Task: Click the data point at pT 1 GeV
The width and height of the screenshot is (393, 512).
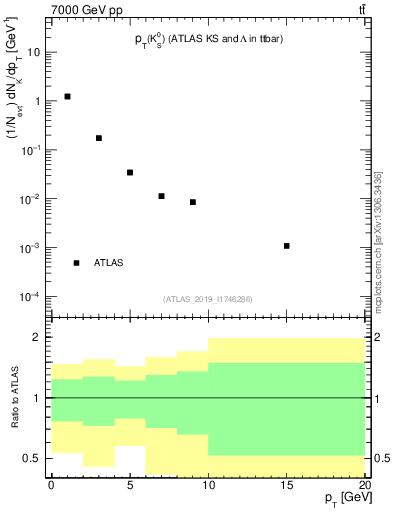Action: click(x=67, y=97)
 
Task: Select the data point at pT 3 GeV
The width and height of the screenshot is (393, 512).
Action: click(x=99, y=138)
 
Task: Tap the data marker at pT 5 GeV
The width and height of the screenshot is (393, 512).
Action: click(x=130, y=172)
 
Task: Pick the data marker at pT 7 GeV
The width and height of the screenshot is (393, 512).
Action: click(x=161, y=196)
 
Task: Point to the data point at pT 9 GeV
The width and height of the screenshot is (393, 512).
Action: click(x=193, y=202)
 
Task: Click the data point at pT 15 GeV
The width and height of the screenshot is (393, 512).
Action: click(x=287, y=246)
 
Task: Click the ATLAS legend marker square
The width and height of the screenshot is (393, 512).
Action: click(x=76, y=263)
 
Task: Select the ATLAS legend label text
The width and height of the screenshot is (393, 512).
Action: click(x=108, y=263)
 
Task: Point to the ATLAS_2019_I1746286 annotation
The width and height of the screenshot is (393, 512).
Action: click(x=207, y=299)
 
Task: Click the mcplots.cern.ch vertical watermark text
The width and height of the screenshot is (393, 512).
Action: click(x=379, y=240)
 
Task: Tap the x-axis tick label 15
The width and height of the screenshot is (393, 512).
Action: click(x=287, y=484)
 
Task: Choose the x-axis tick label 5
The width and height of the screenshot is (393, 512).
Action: click(x=130, y=484)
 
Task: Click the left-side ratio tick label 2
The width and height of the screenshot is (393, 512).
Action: click(x=38, y=338)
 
